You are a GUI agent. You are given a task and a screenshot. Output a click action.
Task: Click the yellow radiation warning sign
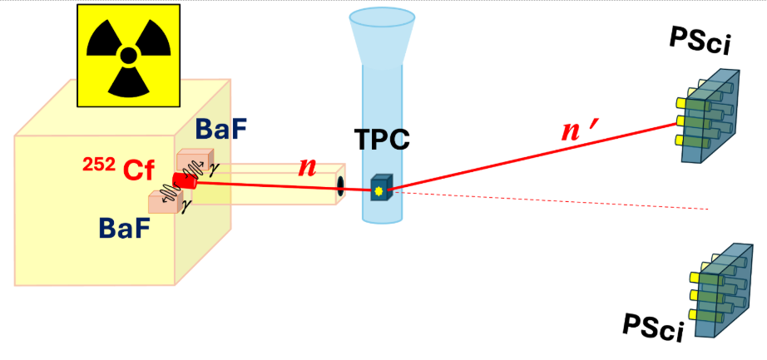point(129,55)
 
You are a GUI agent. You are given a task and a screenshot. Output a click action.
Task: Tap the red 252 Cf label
point(118,170)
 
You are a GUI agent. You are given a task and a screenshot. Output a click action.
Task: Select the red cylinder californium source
point(185,180)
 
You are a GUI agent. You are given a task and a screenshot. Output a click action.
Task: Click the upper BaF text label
point(220,129)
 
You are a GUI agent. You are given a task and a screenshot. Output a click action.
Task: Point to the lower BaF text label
point(124,228)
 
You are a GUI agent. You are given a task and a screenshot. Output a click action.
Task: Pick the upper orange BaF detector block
point(193,160)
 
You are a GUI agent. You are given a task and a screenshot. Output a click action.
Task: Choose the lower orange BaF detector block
point(165,203)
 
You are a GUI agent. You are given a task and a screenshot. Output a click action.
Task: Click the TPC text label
point(382,139)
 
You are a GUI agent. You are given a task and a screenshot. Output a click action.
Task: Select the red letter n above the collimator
point(307,168)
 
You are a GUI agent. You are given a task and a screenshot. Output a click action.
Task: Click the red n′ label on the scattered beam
point(579,131)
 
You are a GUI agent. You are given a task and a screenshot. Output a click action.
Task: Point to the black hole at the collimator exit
point(340,188)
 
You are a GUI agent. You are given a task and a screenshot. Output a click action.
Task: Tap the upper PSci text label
point(700,41)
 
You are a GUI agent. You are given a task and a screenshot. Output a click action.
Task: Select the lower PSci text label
point(653,327)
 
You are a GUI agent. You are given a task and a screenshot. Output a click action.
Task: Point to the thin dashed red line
point(551,200)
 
